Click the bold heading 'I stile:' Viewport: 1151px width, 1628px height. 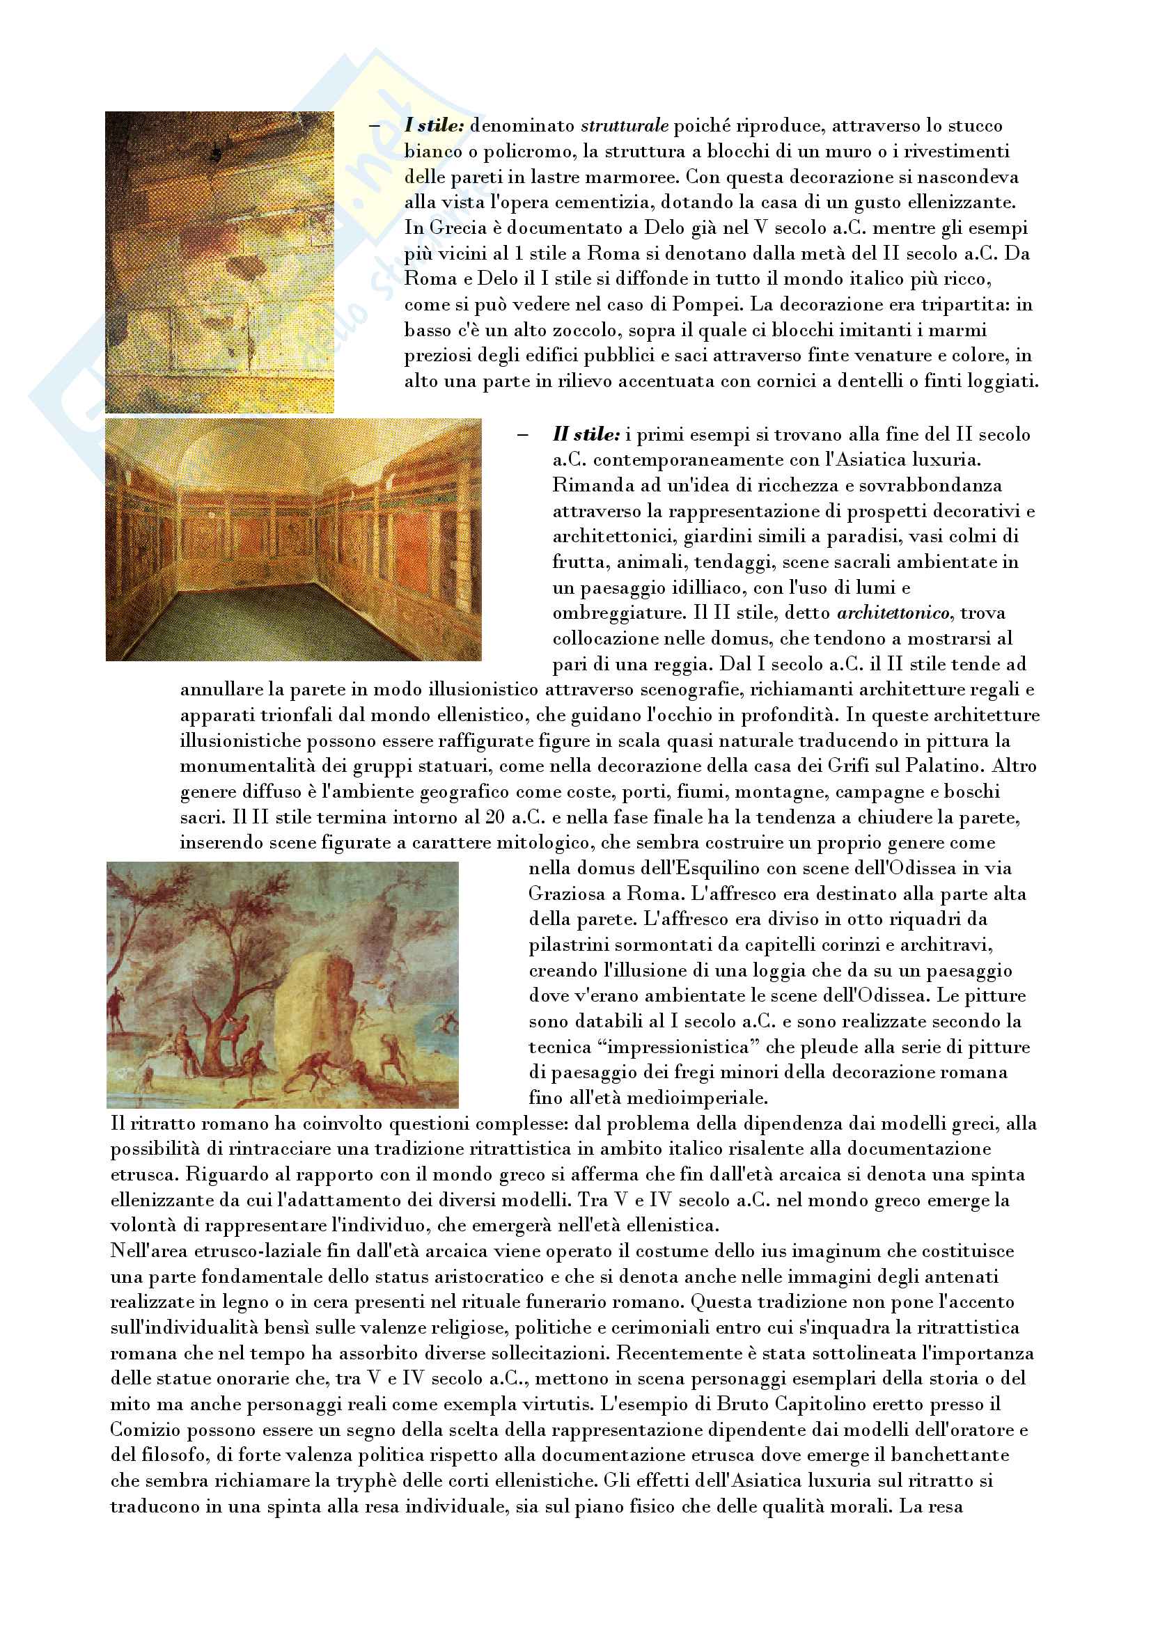pyautogui.click(x=434, y=126)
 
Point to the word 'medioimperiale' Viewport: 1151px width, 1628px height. pyautogui.click(x=681, y=1098)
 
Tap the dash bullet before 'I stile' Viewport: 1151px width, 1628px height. pyautogui.click(x=375, y=126)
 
